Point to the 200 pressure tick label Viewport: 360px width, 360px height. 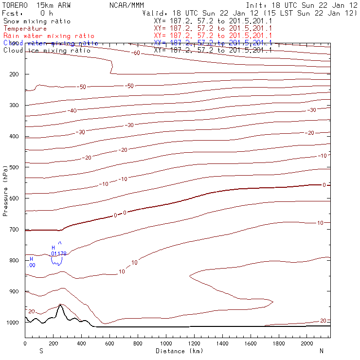[x=14, y=74]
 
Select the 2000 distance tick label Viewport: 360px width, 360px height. [x=307, y=343]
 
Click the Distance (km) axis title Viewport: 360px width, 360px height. [x=179, y=351]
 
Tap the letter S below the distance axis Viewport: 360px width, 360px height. [x=41, y=351]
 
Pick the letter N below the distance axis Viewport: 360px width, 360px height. [x=322, y=351]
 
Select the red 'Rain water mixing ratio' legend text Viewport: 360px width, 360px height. [x=49, y=36]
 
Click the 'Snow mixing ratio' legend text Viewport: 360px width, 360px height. [x=37, y=21]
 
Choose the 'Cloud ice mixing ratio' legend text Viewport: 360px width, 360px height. [x=47, y=51]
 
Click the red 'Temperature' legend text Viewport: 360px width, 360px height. [x=25, y=29]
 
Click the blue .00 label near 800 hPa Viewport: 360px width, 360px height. [x=31, y=265]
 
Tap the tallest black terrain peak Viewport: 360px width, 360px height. [x=60, y=305]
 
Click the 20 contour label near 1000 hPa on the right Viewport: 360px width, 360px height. [x=323, y=321]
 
